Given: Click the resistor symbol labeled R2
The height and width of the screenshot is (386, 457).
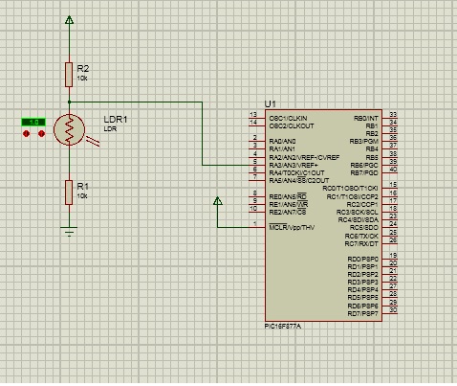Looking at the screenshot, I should pos(69,73).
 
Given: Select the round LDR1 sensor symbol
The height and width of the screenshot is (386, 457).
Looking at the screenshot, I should pos(69,128).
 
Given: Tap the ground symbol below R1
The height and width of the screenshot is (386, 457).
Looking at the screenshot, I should pos(69,231).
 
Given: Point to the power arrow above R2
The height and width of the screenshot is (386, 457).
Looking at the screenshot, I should pos(69,19).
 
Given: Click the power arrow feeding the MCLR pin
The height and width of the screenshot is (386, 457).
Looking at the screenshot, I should pos(218,201).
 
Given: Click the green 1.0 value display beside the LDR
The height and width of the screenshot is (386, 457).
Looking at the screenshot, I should pos(34,122).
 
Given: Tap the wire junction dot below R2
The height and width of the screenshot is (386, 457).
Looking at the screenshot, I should pos(69,101).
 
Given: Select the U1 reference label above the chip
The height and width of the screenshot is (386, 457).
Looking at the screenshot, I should pos(270,103).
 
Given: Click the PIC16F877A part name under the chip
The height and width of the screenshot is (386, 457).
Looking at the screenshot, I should pos(285,326).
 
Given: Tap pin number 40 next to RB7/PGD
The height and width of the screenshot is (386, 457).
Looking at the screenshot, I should pos(393,172).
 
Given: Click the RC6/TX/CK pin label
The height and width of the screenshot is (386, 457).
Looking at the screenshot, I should pos(362,235).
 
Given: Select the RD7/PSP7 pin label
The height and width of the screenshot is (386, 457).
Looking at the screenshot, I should pos(362,313).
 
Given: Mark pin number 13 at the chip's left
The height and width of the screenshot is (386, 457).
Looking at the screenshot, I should pos(253,115).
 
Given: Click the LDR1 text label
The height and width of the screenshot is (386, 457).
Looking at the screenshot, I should pos(115,118).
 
